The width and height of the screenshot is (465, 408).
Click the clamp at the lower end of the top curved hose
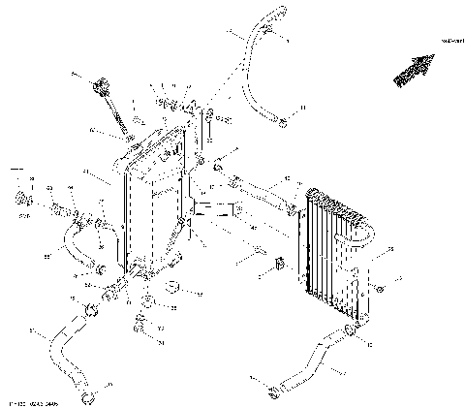click(281, 123)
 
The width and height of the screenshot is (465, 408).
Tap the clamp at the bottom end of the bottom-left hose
click(89, 396)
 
